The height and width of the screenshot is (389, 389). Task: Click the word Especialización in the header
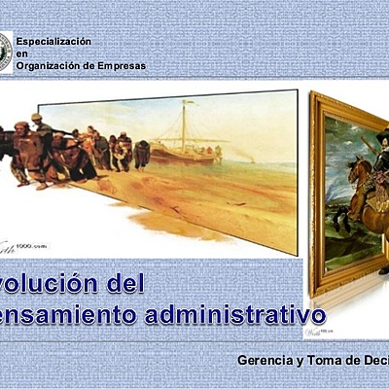click(x=53, y=42)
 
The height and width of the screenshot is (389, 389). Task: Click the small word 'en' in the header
click(x=20, y=53)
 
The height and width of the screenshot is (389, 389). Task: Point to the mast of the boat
click(x=182, y=122)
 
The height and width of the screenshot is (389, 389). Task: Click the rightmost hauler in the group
click(x=142, y=153)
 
